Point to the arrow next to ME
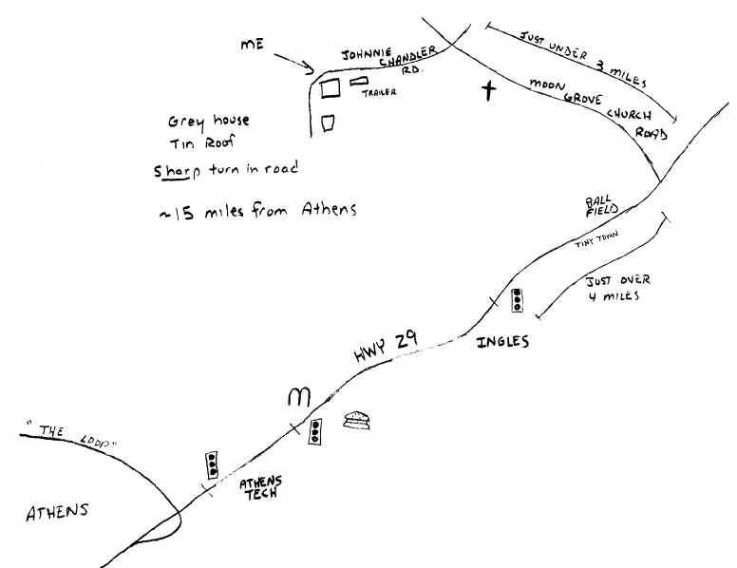coord(294,63)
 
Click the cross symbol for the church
coord(488,91)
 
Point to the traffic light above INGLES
coord(518,299)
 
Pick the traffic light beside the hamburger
coord(316,431)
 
